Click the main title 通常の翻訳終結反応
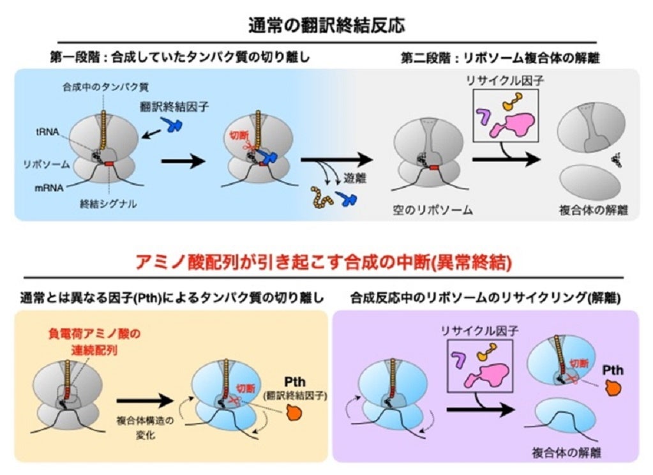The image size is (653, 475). pyautogui.click(x=326, y=26)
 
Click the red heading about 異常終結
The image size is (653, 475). pyautogui.click(x=326, y=262)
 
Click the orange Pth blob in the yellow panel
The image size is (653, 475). pyautogui.click(x=296, y=413)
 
